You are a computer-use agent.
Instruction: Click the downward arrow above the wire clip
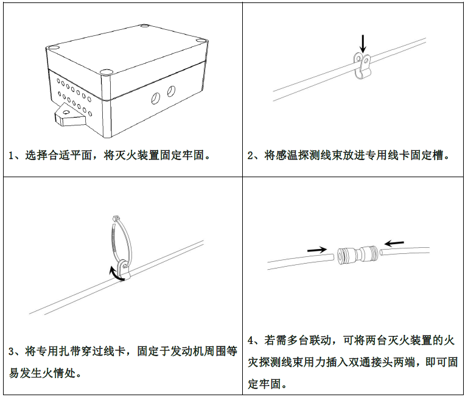click(x=363, y=44)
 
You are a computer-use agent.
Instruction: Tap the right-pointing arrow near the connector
click(x=317, y=250)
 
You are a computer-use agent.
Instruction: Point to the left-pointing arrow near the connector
click(x=394, y=243)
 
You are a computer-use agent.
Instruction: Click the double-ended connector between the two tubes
click(x=357, y=255)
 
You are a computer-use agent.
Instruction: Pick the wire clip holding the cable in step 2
click(x=361, y=66)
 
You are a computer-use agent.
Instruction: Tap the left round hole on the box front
click(x=155, y=98)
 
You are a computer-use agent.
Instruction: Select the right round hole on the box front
click(x=171, y=91)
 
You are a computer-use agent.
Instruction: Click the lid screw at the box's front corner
click(x=105, y=72)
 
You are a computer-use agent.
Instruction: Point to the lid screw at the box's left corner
click(x=53, y=47)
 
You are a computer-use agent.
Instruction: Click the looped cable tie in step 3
click(x=121, y=241)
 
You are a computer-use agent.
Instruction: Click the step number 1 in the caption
click(x=11, y=156)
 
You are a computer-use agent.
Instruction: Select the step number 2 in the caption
click(x=250, y=156)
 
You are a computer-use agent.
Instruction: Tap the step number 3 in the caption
click(x=12, y=351)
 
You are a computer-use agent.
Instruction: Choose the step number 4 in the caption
click(x=251, y=340)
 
